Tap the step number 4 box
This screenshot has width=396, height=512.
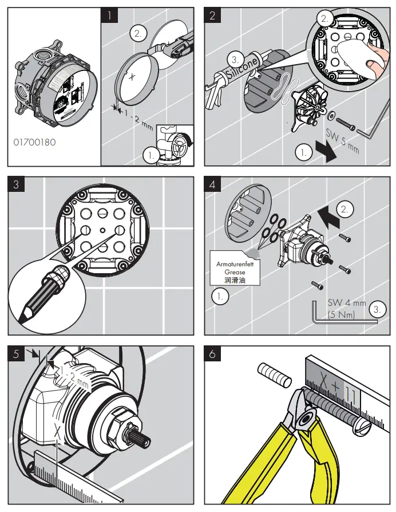pyautogui.click(x=212, y=184)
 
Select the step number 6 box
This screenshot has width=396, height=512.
pyautogui.click(x=212, y=354)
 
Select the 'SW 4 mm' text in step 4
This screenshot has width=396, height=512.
pyautogui.click(x=346, y=303)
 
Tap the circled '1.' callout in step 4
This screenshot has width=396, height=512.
pyautogui.click(x=219, y=296)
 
